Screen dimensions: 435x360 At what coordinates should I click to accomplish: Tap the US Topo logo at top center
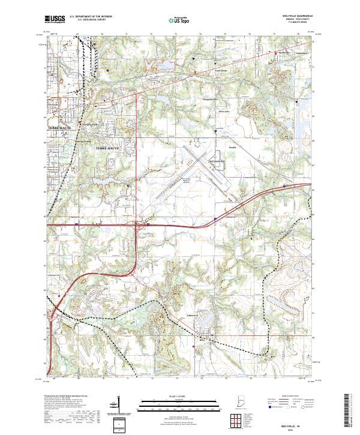[x=179, y=19]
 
